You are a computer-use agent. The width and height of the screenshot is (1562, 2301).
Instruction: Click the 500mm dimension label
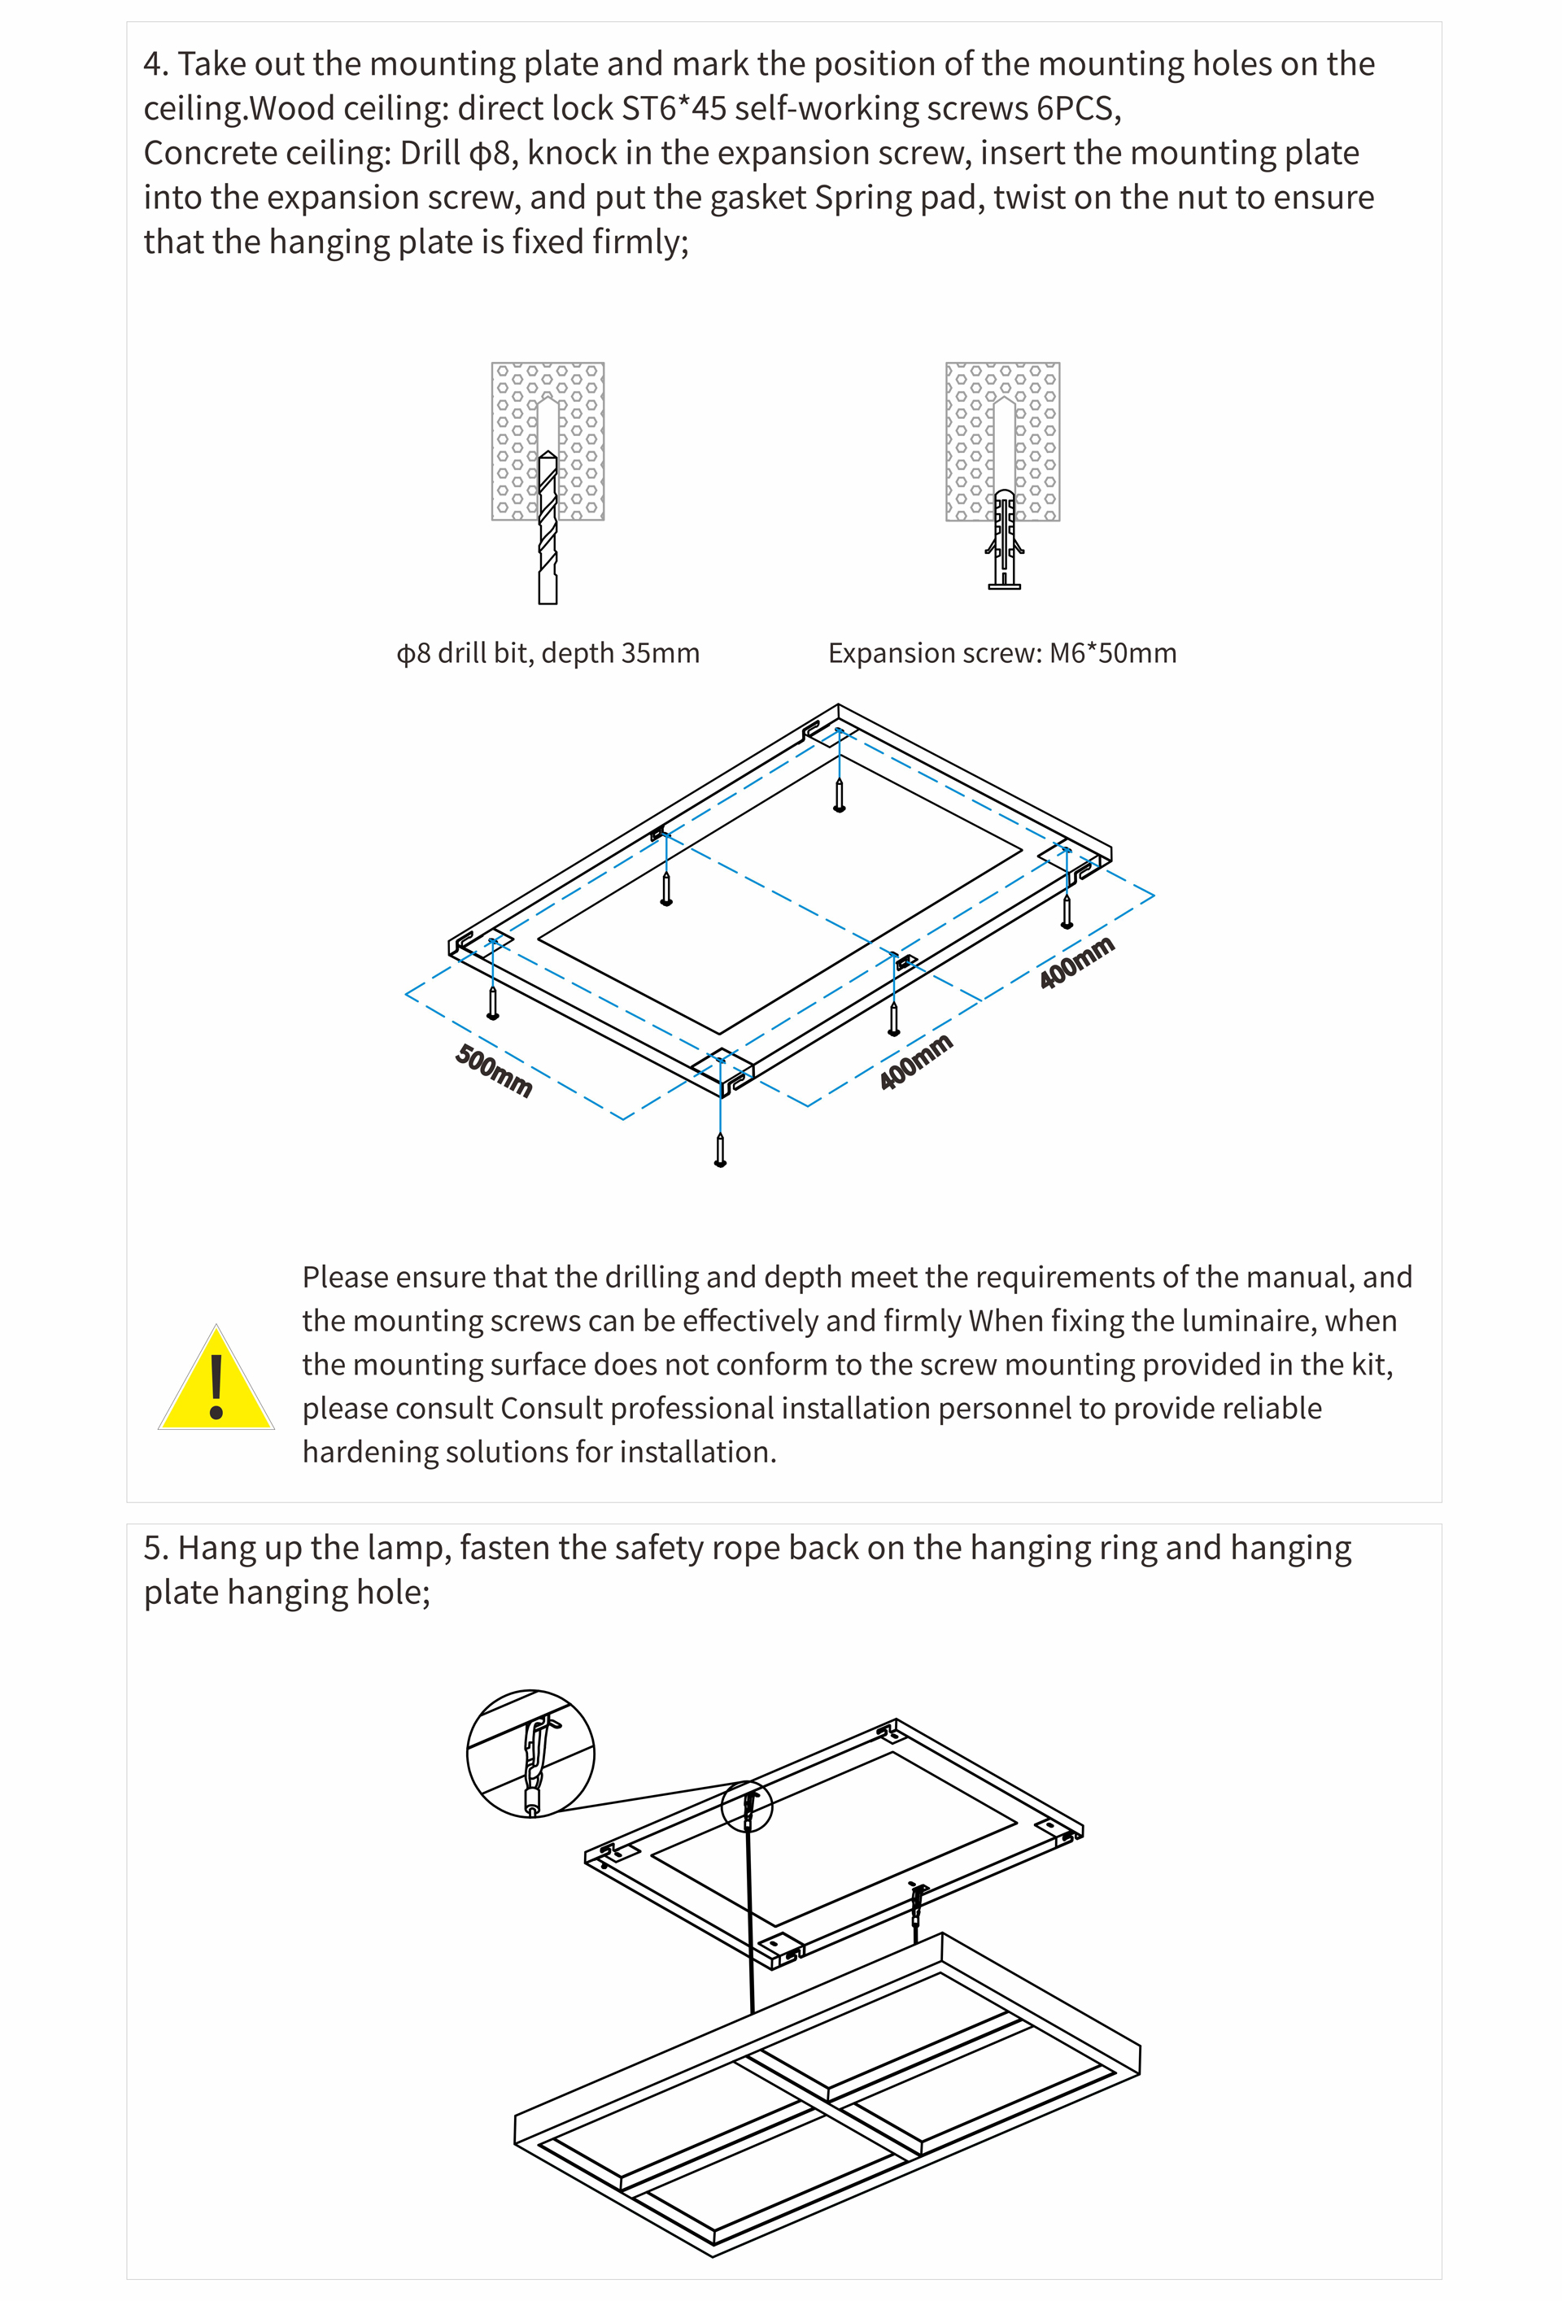click(x=493, y=1070)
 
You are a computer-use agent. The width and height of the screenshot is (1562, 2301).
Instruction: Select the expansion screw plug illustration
click(x=1003, y=539)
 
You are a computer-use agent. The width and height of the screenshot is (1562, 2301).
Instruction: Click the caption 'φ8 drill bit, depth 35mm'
click(x=548, y=653)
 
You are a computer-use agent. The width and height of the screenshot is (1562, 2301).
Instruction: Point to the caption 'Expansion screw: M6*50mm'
click(x=1002, y=653)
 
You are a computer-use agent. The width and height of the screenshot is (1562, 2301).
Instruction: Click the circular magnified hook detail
click(x=531, y=1754)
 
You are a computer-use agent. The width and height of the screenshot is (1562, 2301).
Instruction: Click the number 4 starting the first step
click(x=151, y=64)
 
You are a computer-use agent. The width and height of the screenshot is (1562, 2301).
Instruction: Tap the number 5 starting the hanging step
click(x=151, y=1549)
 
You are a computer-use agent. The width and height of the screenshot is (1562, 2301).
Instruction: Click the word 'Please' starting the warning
click(x=345, y=1277)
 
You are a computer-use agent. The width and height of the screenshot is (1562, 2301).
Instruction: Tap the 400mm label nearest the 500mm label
click(x=915, y=1061)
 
